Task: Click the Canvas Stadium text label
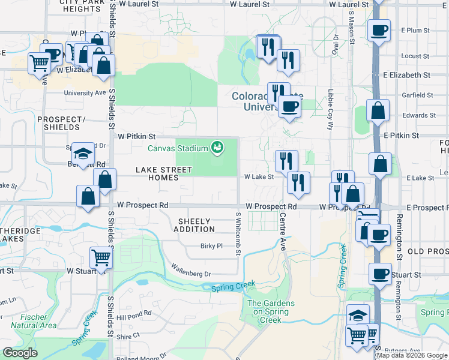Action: [x=178, y=148]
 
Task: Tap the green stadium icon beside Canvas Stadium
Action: [x=217, y=147]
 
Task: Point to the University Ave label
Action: [x=84, y=94]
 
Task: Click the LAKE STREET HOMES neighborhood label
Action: [x=165, y=174]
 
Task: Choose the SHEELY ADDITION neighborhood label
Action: [x=194, y=225]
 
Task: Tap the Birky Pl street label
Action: [x=211, y=246]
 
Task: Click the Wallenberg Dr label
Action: [x=191, y=270]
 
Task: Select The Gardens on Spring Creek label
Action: [x=271, y=311]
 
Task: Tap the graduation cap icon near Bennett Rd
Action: [x=83, y=152]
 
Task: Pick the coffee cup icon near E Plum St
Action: [x=379, y=30]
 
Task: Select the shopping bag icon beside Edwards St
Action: [x=378, y=111]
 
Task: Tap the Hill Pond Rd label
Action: [x=134, y=315]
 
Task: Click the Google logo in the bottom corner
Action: [x=20, y=353]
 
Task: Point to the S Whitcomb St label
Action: [x=238, y=235]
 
